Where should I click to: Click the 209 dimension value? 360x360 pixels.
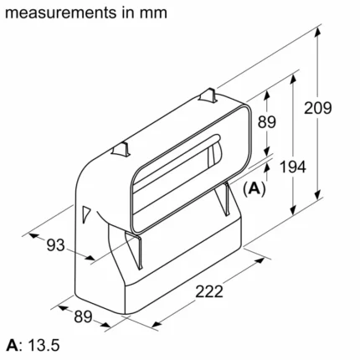317,108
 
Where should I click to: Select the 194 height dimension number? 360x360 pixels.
293,167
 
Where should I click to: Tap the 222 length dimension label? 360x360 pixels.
209,291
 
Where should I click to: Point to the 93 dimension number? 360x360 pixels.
56,245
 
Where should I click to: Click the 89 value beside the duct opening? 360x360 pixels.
267,122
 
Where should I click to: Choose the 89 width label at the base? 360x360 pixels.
83,316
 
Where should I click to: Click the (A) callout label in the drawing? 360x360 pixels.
254,189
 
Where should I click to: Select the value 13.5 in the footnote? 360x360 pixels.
44,345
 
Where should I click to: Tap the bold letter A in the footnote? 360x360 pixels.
13,345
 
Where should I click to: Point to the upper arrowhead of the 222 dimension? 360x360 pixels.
259,261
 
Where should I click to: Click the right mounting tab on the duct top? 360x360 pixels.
208,96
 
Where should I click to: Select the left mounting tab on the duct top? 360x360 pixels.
121,149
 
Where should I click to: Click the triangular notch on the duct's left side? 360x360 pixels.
86,214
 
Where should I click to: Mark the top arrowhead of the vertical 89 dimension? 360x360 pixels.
267,95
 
